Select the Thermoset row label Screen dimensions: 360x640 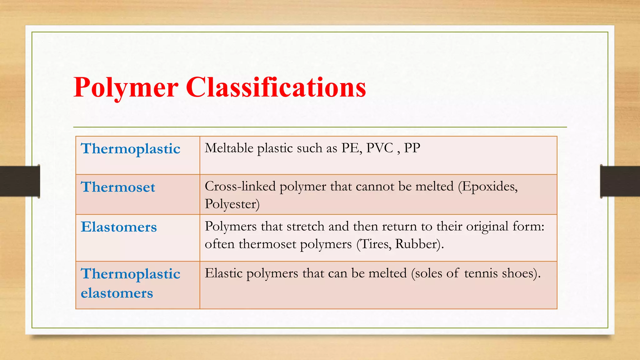tap(118, 187)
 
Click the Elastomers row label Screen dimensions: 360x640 tap(119, 227)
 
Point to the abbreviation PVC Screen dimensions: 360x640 tap(379, 148)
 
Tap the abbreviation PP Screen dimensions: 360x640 tap(412, 148)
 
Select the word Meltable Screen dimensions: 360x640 tap(229, 148)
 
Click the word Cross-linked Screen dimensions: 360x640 tap(240, 186)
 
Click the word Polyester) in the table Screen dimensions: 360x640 tap(232, 204)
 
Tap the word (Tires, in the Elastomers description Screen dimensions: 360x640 tap(374, 244)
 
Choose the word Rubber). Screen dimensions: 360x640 tap(419, 244)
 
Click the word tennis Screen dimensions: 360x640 tap(481, 273)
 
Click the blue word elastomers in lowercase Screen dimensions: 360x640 tap(117, 293)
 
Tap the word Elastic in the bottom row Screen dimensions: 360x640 tap(223, 273)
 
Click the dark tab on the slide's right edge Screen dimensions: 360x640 tap(620, 181)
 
